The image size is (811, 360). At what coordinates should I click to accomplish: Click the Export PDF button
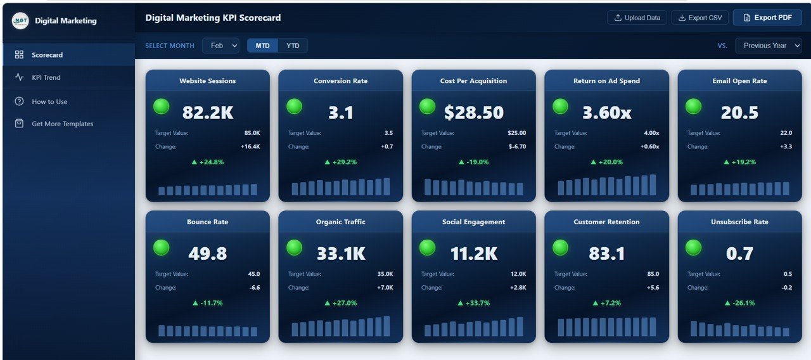[767, 18]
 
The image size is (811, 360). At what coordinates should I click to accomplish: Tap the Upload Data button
[637, 18]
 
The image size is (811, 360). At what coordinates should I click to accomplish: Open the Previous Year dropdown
[768, 46]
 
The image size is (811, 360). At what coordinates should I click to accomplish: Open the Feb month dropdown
[220, 46]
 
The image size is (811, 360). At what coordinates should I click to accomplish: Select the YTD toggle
[293, 46]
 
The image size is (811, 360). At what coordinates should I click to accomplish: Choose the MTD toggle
[262, 46]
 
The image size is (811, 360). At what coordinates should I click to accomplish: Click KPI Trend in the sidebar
[46, 77]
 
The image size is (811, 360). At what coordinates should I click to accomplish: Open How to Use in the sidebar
[49, 101]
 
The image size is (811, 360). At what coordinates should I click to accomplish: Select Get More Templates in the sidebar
[62, 124]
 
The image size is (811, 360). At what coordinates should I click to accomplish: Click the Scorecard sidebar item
[48, 55]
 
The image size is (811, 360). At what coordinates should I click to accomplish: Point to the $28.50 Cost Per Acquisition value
[474, 113]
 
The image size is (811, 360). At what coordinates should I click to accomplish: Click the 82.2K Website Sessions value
[208, 113]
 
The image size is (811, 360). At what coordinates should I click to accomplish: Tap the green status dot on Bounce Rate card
[162, 248]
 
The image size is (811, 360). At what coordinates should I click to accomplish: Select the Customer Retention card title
[606, 222]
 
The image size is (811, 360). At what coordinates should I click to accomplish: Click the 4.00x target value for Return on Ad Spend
[651, 133]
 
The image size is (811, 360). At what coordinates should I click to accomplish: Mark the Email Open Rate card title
[739, 81]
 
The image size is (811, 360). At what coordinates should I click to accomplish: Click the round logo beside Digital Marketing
[20, 21]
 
